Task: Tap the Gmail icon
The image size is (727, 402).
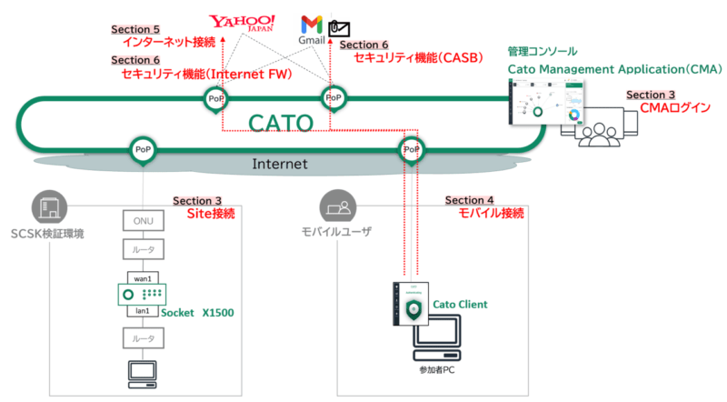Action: [312, 26]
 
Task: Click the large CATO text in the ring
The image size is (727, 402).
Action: [280, 123]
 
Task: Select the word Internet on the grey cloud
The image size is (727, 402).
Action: [279, 164]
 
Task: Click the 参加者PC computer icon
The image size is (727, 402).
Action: [444, 342]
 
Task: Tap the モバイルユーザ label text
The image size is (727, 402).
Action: [336, 233]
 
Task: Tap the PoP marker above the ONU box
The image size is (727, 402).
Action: [142, 149]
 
